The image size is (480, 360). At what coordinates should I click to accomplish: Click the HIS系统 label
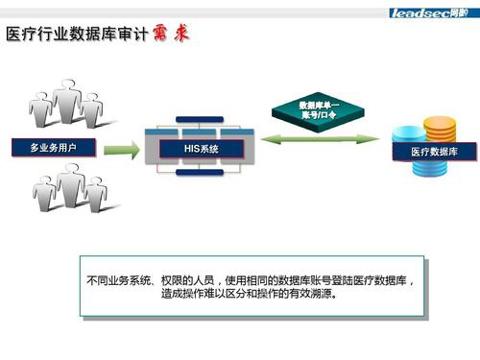[203, 149]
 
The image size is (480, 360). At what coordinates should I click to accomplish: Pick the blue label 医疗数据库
[434, 152]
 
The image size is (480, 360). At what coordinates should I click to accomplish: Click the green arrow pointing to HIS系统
[122, 150]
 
